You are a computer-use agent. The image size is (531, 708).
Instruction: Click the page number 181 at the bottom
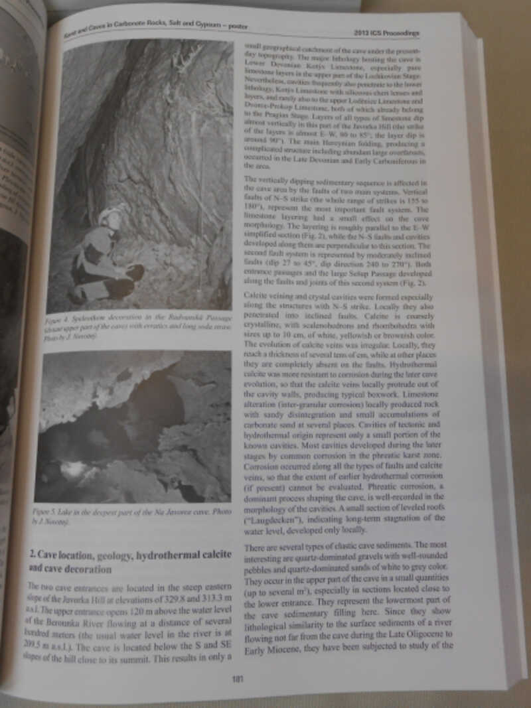click(x=238, y=678)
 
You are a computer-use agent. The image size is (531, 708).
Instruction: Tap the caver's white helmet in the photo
click(x=110, y=216)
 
